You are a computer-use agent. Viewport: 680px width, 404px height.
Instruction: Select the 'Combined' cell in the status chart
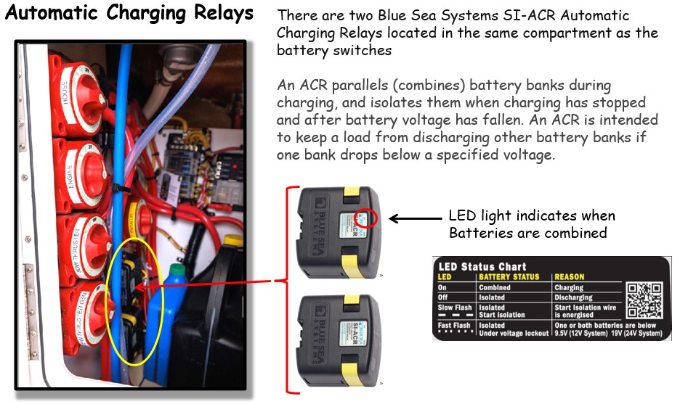494,288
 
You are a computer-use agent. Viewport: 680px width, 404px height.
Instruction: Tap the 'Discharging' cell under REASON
573,297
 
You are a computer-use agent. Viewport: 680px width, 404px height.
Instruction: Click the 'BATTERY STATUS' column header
509,277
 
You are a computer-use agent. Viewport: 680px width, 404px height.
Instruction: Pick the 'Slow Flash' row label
455,308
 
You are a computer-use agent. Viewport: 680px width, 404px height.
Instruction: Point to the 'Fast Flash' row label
455,326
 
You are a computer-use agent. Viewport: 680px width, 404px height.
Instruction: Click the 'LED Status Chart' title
482,266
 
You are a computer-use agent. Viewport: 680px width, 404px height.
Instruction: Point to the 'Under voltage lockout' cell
513,334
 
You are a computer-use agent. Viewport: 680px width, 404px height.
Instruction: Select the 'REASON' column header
569,277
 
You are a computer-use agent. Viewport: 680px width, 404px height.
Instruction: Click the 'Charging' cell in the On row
569,288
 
